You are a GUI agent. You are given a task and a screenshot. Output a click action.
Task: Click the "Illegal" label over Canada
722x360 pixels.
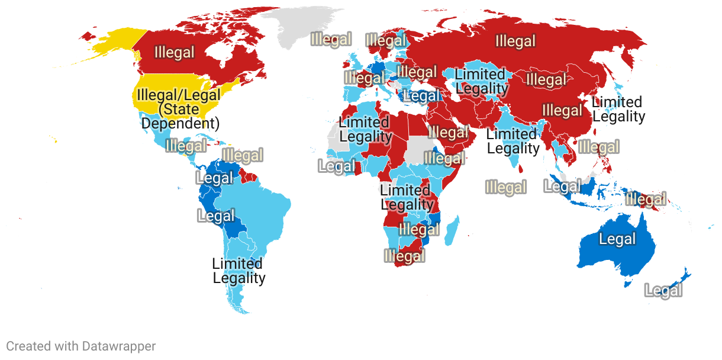174,53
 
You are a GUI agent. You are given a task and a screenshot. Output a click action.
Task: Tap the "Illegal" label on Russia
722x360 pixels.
515,41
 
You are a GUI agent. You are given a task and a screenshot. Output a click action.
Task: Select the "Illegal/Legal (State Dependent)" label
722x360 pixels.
178,109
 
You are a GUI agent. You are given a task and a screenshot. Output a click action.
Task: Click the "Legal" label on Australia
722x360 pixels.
617,239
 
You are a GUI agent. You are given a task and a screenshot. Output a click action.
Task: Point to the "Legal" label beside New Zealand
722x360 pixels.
663,291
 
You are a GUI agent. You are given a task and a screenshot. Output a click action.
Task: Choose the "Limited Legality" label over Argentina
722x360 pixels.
238,271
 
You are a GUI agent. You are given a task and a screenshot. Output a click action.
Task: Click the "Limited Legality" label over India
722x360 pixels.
513,142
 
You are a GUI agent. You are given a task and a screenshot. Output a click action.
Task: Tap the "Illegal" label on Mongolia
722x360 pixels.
546,79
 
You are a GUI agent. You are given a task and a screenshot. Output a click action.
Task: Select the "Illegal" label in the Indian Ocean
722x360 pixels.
505,188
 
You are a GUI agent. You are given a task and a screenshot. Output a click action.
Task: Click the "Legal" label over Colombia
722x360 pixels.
215,178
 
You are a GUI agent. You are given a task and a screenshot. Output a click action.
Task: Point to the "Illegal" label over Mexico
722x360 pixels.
186,146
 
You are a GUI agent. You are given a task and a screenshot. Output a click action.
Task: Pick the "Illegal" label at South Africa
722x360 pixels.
405,256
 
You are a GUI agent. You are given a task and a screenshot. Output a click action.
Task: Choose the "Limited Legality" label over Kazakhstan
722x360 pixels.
481,82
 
